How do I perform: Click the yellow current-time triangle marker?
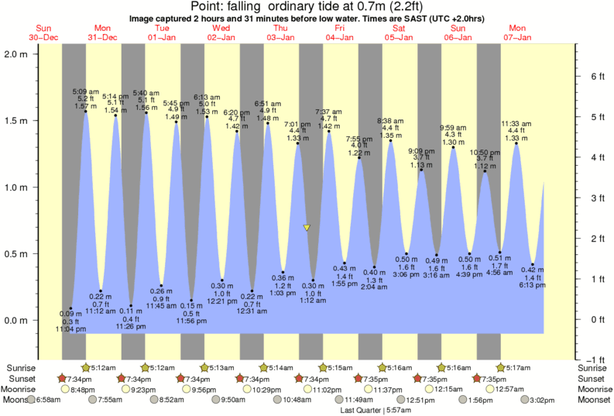[307, 228]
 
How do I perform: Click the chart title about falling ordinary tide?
[307, 7]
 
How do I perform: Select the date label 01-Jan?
[162, 37]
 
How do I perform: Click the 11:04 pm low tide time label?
[70, 329]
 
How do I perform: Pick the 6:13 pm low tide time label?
[533, 284]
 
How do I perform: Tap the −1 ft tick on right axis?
[589, 359]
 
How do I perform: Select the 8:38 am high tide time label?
[389, 121]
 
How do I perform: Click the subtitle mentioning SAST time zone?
[307, 17]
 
